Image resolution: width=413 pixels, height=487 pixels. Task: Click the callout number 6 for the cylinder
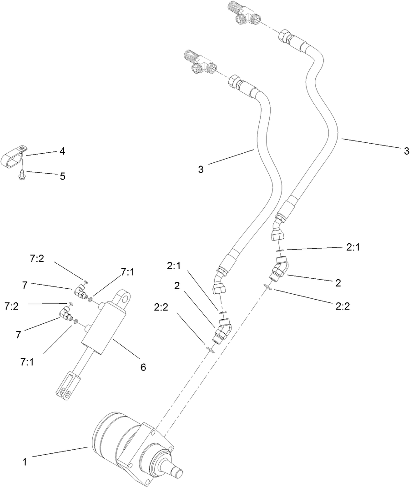click(x=143, y=367)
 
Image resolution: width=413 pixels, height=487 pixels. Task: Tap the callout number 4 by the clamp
click(x=62, y=151)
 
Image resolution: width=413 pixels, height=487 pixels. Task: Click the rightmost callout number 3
click(x=406, y=151)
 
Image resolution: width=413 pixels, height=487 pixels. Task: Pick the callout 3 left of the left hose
click(x=201, y=169)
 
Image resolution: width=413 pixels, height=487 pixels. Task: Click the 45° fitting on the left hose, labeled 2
click(x=223, y=330)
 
